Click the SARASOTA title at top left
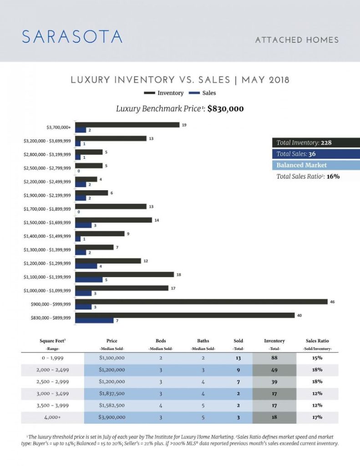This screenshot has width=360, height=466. tap(72, 37)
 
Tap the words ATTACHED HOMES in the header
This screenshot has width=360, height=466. tap(297, 40)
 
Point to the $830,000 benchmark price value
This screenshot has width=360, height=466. tap(225, 109)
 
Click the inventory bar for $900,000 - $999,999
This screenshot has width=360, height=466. tap(201, 302)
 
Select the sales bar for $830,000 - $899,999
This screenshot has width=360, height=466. tap(94, 320)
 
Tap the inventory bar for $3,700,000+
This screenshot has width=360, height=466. tap(127, 125)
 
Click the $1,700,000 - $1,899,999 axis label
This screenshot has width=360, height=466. tap(47, 209)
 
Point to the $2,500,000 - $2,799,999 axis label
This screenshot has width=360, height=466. tap(47, 168)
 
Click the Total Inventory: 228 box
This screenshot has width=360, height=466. tap(315, 142)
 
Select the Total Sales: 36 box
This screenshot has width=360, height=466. tap(315, 154)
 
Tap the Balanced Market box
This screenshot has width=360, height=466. tap(315, 165)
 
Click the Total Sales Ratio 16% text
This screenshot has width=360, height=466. tap(308, 177)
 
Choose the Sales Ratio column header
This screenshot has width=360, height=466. tap(317, 341)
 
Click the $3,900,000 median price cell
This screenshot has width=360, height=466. tap(112, 417)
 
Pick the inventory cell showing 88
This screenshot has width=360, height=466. tap(274, 358)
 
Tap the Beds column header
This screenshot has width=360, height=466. tap(161, 341)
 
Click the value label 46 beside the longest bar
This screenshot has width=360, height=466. tap(332, 302)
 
